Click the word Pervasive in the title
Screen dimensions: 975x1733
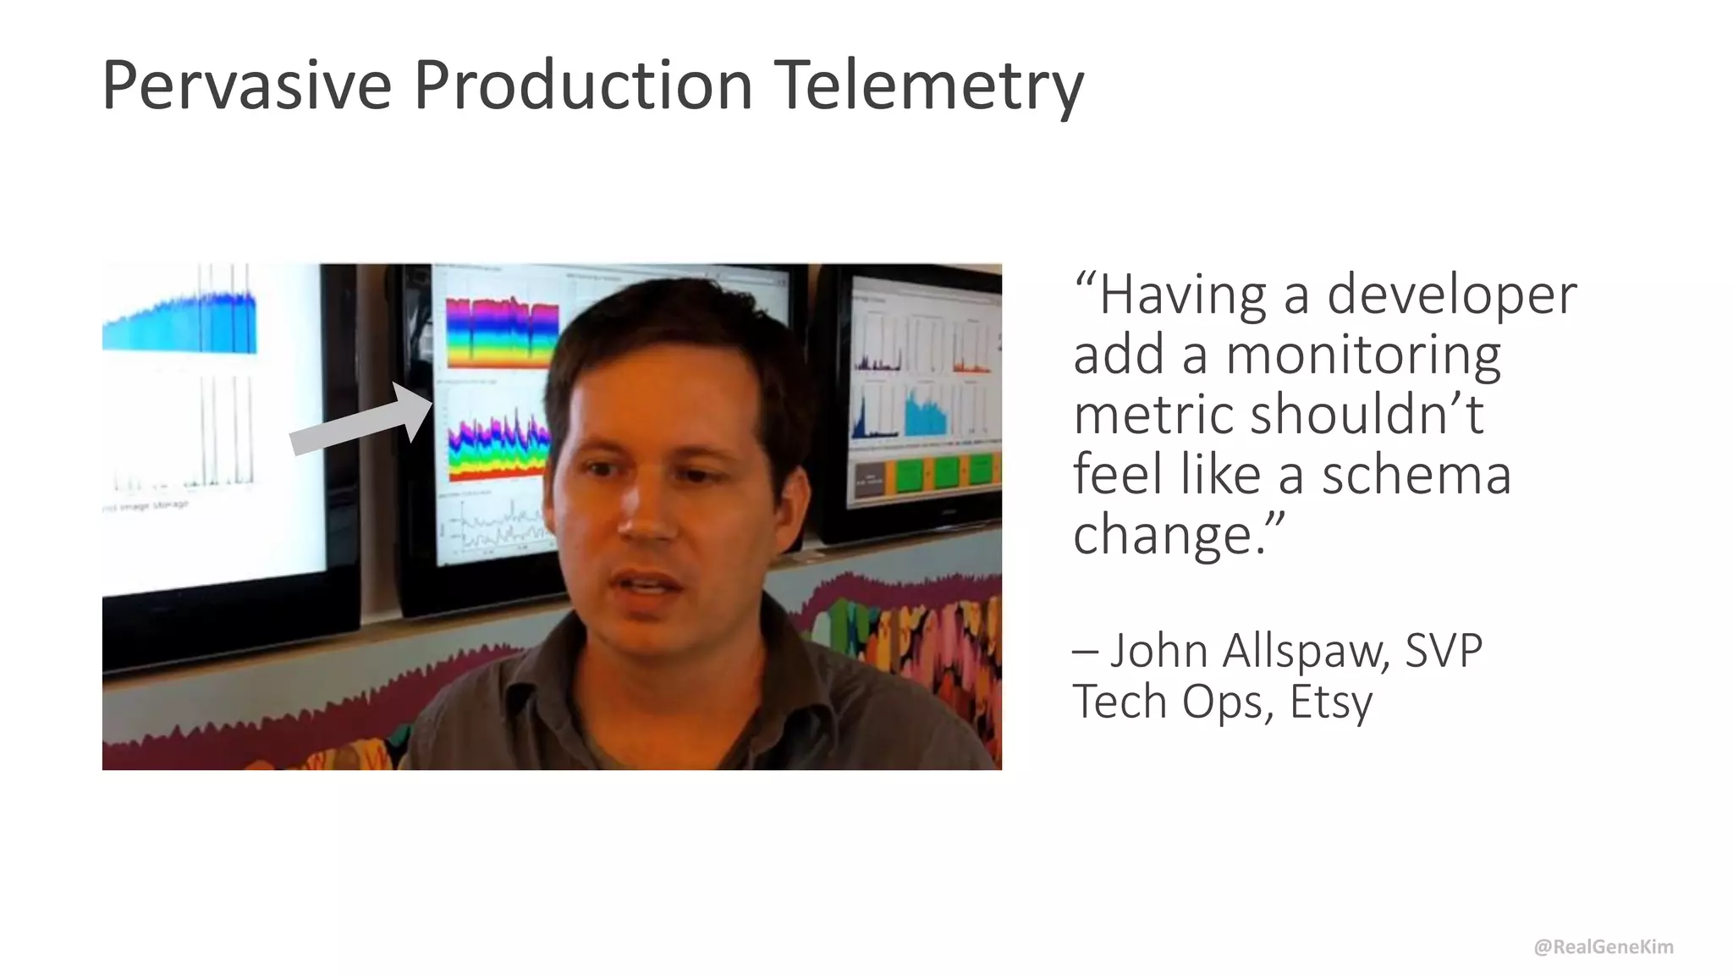(x=246, y=86)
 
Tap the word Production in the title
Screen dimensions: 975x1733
(x=583, y=86)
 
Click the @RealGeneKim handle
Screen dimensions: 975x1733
(x=1603, y=946)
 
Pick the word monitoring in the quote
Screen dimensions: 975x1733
(x=1363, y=355)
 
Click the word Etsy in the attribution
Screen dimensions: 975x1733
(x=1330, y=702)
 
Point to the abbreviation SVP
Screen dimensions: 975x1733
(x=1443, y=651)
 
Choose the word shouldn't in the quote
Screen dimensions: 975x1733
(x=1366, y=415)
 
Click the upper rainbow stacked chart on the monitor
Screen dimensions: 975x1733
(x=502, y=332)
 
